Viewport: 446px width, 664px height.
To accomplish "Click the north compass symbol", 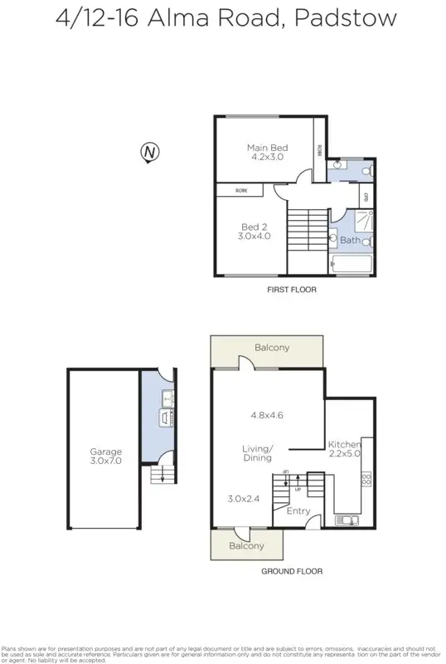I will click(149, 152).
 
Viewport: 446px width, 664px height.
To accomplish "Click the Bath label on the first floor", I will click(350, 241).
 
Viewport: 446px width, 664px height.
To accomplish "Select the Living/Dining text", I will click(258, 452).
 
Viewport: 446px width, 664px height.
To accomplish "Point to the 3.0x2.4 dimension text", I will click(244, 499).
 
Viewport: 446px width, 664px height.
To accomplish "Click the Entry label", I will click(298, 510).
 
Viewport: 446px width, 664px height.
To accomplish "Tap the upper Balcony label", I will click(272, 348).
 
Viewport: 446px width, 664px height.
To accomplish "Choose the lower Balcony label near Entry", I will click(246, 545).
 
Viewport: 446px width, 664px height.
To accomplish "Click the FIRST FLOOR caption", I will click(291, 290).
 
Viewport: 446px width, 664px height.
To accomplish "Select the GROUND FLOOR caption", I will click(292, 571).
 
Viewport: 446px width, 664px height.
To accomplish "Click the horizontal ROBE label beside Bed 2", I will click(240, 190).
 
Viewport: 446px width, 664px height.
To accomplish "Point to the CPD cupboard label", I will click(365, 197).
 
